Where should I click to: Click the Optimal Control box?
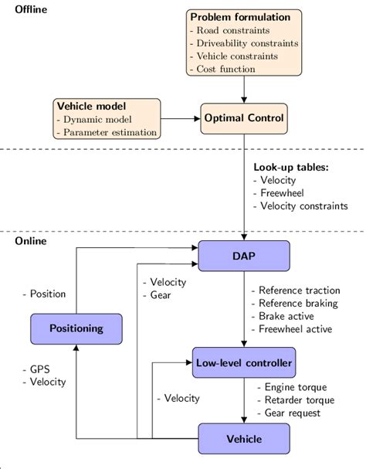click(x=244, y=119)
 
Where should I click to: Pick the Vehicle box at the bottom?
click(x=244, y=439)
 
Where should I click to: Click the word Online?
click(x=31, y=241)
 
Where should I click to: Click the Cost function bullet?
click(x=226, y=68)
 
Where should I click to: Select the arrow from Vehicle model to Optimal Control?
click(x=182, y=119)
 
